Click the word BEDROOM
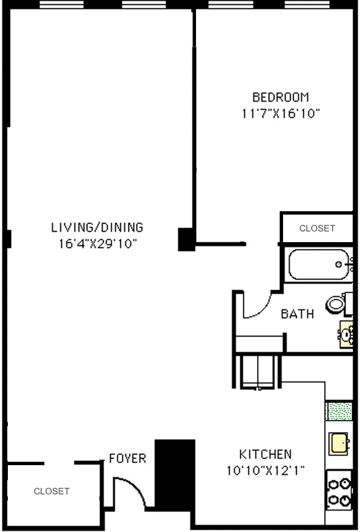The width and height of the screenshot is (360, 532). (280, 97)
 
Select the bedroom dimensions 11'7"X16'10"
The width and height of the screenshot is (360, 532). (280, 113)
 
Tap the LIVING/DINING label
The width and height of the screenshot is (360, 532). (97, 228)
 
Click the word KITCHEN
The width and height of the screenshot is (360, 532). (265, 454)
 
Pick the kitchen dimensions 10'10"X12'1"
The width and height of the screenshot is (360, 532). (265, 471)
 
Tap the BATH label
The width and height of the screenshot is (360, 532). (297, 314)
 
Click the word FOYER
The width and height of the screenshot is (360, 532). (127, 458)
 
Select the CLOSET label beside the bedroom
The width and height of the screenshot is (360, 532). (317, 229)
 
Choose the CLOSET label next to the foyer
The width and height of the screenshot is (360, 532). (52, 491)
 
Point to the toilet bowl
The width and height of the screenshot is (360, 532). (338, 304)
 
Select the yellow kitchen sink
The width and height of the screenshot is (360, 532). (339, 443)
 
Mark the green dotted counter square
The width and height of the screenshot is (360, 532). (339, 411)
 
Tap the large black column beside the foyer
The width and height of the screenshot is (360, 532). (174, 474)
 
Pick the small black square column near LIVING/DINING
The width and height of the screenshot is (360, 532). (185, 239)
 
